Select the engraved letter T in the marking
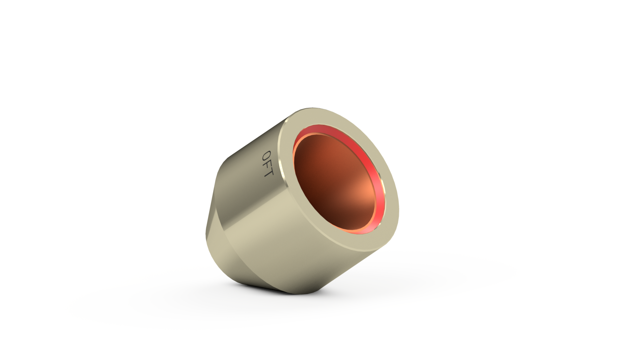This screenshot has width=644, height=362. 269,173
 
